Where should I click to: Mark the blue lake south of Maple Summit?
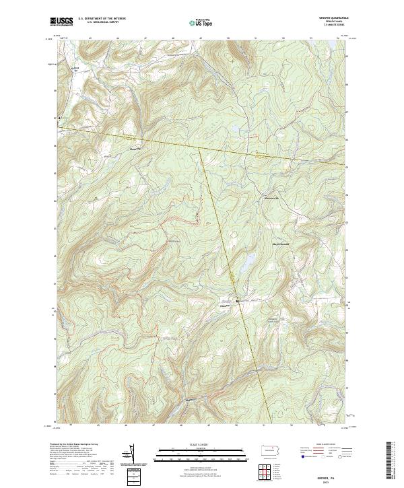(249, 259)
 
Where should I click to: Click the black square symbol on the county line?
(237, 300)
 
